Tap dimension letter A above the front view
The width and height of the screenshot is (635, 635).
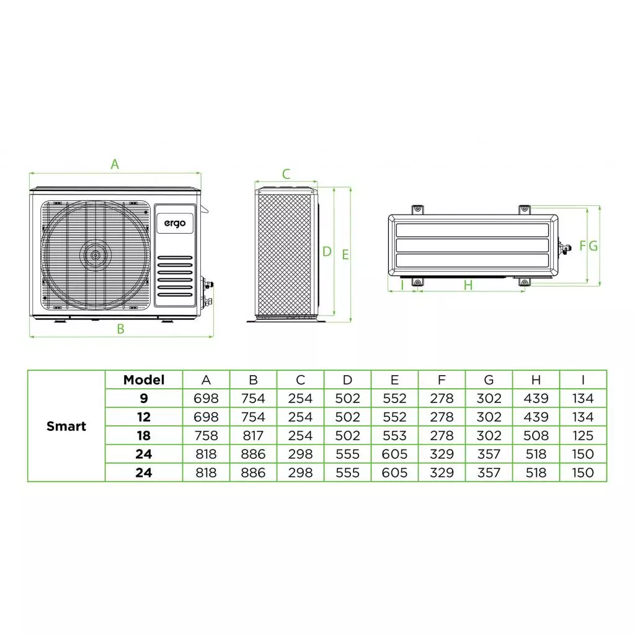click(x=115, y=164)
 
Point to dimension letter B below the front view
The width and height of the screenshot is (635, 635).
click(x=121, y=329)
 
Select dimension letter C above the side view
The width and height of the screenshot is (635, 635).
click(x=286, y=174)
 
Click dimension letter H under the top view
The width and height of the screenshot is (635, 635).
click(x=468, y=285)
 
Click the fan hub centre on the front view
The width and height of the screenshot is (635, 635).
click(x=94, y=254)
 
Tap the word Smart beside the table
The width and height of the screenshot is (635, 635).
click(x=66, y=426)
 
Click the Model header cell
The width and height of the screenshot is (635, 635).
click(x=144, y=380)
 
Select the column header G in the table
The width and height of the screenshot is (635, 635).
click(x=489, y=380)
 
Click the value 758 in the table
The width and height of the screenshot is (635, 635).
click(x=206, y=435)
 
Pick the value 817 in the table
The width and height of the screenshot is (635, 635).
click(x=253, y=435)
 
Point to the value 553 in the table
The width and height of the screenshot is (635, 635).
click(x=394, y=435)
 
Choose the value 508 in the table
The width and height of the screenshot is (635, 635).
click(x=536, y=435)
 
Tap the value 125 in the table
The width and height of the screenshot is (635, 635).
click(x=583, y=435)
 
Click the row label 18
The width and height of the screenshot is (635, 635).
click(x=144, y=435)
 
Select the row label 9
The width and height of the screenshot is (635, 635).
click(x=144, y=398)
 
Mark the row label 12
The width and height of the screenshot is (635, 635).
click(x=144, y=417)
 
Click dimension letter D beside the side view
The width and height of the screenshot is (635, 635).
click(x=327, y=252)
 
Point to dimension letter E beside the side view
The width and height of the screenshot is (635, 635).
click(x=345, y=254)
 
